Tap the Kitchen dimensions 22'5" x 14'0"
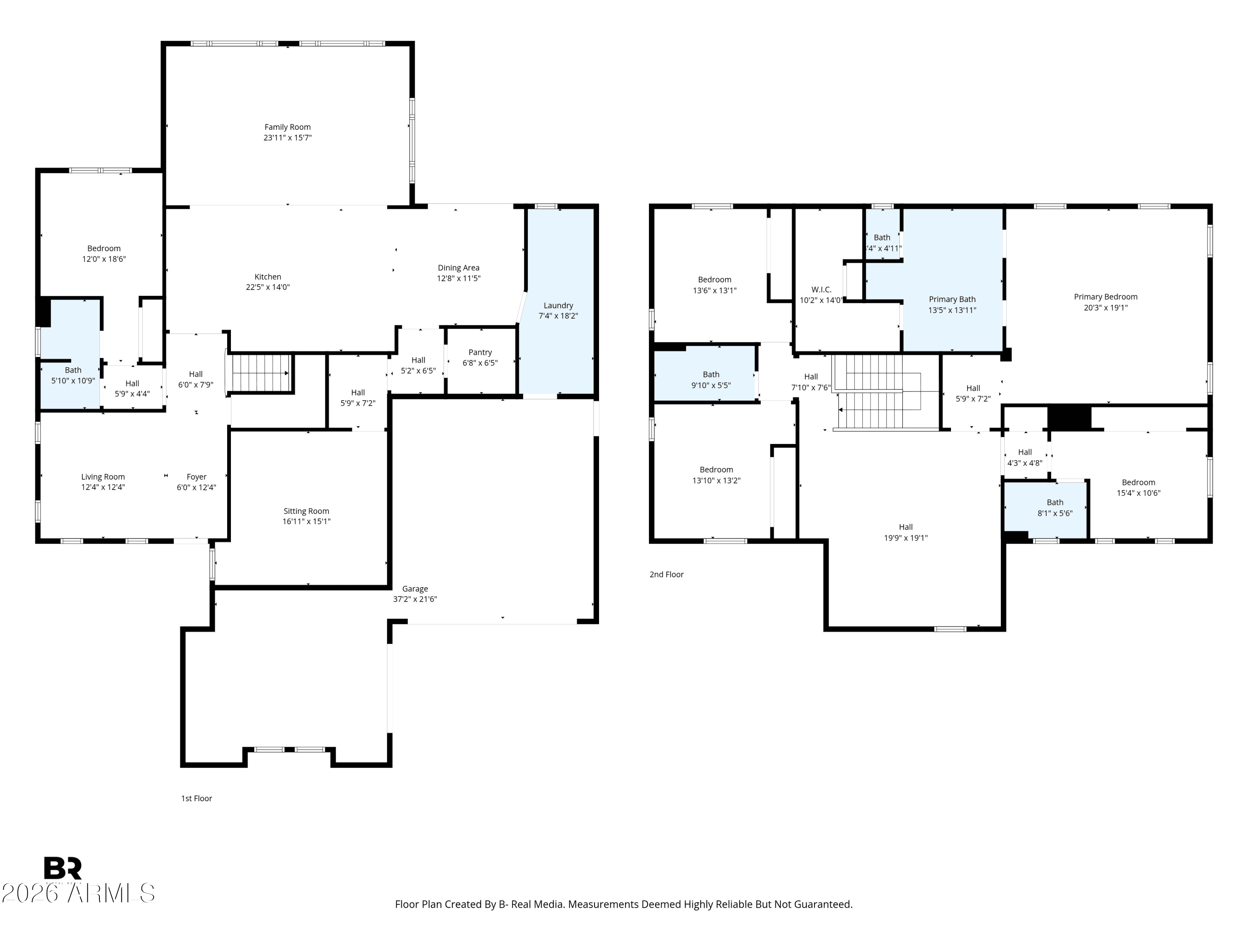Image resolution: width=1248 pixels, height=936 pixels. pos(268,287)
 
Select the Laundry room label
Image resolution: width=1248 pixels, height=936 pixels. pos(559,306)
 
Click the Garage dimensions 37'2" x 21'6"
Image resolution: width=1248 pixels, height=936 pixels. pos(415,599)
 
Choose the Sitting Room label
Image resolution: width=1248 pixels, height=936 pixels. pos(306,511)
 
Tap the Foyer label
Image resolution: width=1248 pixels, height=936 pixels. pos(196,477)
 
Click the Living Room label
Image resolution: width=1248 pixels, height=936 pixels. pos(103,477)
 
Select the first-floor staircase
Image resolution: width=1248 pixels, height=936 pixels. pos(260,373)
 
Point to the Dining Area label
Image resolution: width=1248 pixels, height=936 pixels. pos(459,268)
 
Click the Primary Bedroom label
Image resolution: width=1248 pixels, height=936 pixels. pos(1106,297)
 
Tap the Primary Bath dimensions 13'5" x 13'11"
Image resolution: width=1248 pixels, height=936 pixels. pos(952,310)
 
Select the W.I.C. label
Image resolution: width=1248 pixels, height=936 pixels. pos(822,290)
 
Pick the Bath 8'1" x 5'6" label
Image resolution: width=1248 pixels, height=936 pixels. pos(1055,503)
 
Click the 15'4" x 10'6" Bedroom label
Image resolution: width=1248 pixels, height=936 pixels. pos(1139,483)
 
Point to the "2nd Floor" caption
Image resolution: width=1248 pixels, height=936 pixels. pos(666,574)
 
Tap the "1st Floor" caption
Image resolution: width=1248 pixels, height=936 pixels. pos(196,798)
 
